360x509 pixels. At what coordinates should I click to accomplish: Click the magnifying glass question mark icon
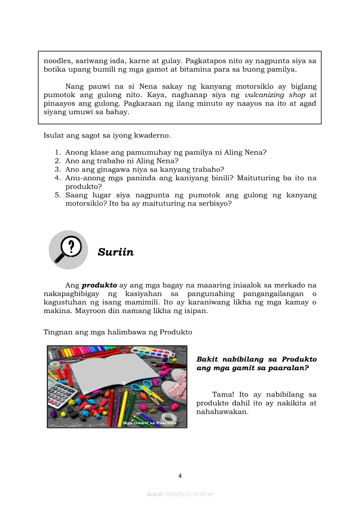pos(68,249)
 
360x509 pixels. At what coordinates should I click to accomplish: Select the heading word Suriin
pos(115,252)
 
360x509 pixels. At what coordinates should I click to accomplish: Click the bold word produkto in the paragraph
pos(99,285)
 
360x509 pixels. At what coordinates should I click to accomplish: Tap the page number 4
pos(180,476)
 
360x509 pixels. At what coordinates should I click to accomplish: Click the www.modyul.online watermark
pos(180,494)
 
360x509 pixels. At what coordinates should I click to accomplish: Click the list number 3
pos(57,169)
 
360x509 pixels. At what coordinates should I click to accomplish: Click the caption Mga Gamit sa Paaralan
pos(149,423)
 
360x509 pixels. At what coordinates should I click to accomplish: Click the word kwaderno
pos(153,135)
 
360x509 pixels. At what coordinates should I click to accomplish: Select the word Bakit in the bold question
pos(207,359)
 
